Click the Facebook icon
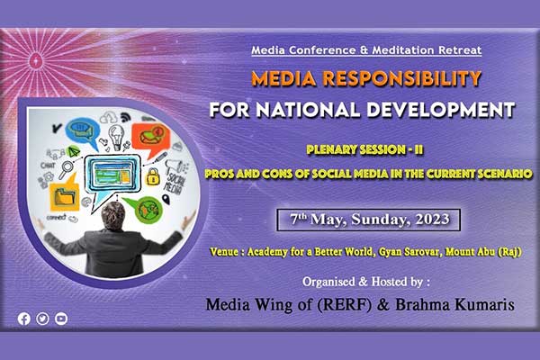pos(24,319)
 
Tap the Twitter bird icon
pos(42,319)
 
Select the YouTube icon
pos(61,319)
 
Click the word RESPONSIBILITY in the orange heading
pos(401,78)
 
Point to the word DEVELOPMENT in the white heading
pos(440,110)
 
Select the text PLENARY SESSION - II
pos(364,150)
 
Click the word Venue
pos(224,252)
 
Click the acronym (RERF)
pos(344,305)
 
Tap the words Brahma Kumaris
pos(454,304)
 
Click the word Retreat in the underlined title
pos(460,50)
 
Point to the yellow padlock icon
pos(153,176)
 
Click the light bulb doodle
pos(116,137)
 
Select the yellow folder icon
pos(65,194)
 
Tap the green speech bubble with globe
pos(145,209)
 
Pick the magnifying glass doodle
pos(66,169)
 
